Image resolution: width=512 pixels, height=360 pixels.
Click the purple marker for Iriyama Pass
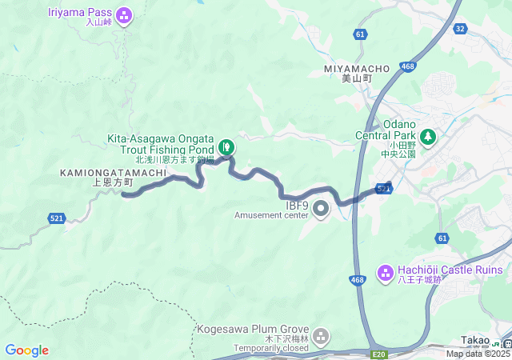[123, 14]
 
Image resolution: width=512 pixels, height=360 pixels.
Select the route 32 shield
[459, 29]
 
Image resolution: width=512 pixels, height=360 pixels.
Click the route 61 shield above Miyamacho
[361, 34]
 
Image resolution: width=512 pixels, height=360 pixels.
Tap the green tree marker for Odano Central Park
[428, 136]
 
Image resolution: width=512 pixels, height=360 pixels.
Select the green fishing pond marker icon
[226, 146]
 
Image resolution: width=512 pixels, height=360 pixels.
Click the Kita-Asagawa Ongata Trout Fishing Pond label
[161, 144]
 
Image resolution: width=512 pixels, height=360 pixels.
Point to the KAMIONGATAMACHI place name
[113, 172]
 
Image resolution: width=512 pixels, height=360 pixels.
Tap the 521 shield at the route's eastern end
[384, 189]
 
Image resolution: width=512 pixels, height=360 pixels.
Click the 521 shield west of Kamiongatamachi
[57, 218]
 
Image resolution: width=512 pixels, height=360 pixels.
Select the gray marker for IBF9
[322, 210]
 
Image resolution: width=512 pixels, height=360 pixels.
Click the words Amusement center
[271, 215]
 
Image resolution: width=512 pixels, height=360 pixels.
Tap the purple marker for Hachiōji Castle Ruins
[384, 271]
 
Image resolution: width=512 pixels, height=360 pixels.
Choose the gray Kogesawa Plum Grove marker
[322, 337]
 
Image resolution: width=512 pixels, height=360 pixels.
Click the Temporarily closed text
[271, 348]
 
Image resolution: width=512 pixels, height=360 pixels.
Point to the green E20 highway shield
[379, 353]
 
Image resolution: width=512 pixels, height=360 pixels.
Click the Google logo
[26, 350]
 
